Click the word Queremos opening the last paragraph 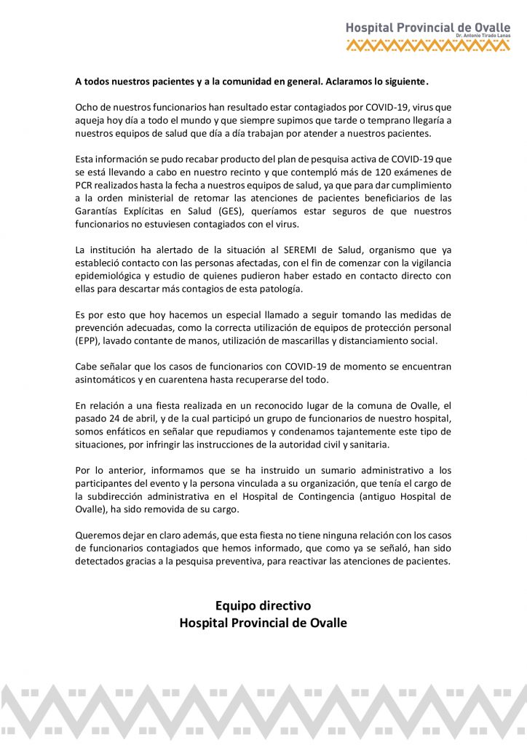pos(98,535)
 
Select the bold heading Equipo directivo pos(263,605)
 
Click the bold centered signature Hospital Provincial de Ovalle pos(263,623)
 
